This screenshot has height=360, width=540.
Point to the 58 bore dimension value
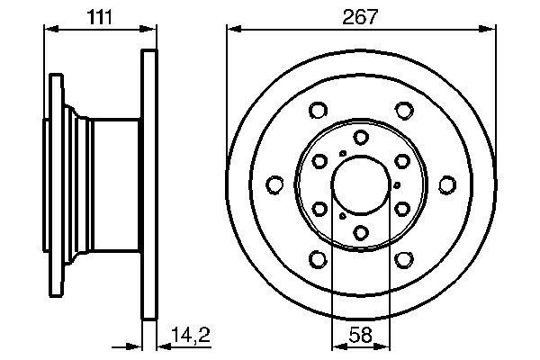360,335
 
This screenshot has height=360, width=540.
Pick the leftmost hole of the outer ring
274,185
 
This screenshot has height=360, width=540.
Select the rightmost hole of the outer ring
447,185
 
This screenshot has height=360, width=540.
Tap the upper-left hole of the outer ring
317,111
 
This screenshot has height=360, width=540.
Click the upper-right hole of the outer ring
404,111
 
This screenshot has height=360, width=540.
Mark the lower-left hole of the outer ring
317,260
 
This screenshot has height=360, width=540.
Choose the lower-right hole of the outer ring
404,260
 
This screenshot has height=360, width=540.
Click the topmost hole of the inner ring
360,137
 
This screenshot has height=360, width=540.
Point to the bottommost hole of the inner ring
360,233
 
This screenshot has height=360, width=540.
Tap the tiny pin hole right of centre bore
397,185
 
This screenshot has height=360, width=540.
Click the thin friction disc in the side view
149,184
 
